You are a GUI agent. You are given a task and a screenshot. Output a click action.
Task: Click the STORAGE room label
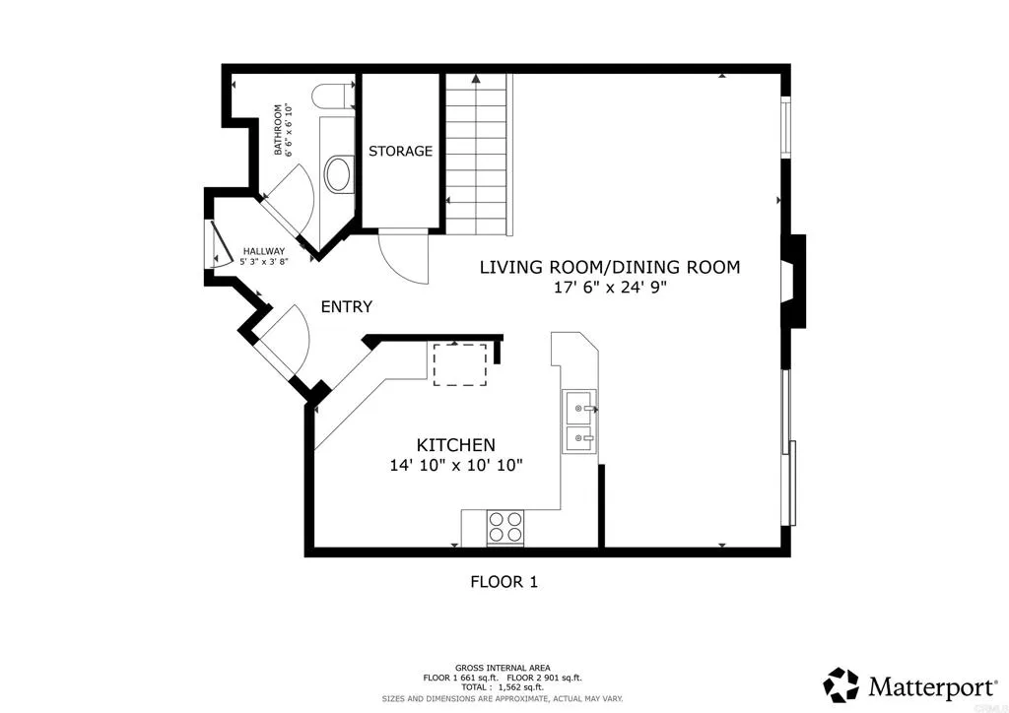pos(400,151)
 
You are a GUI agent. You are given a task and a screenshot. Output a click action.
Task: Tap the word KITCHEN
pos(456,445)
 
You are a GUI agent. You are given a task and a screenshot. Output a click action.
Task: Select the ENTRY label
pos(347,306)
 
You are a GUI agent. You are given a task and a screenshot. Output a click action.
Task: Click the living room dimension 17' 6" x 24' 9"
pos(610,288)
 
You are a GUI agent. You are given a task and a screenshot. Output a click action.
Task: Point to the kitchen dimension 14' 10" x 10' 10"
pos(456,465)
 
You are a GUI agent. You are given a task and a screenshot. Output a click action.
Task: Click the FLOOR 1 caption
pos(504,582)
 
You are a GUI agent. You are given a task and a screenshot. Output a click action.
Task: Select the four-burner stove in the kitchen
pos(505,527)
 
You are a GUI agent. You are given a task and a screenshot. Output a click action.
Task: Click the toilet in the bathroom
pos(332,97)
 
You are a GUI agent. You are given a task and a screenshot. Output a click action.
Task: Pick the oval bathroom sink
pos(339,173)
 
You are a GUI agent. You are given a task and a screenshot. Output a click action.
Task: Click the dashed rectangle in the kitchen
pos(460,364)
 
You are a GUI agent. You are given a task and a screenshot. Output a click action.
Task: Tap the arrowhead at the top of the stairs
pos(476,79)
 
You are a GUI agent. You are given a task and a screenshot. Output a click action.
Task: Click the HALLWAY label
pos(264,251)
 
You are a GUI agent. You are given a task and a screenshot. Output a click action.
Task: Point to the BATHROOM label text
pos(278,130)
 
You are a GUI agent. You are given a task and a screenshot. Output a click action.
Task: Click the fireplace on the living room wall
pos(793,281)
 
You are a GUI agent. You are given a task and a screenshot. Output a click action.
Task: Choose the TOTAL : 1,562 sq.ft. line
pos(503,687)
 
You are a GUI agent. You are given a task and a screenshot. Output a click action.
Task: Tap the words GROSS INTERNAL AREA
pos(503,668)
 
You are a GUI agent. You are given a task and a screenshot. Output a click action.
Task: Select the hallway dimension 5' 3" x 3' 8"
pos(264,262)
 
